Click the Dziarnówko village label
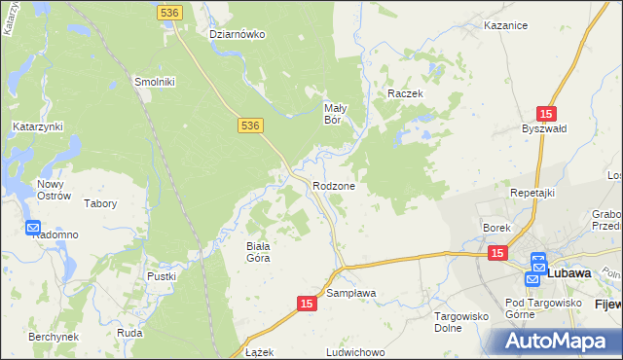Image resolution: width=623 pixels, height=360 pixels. [238, 34]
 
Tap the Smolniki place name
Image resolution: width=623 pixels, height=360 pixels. [154, 83]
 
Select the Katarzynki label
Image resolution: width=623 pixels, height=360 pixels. [37, 126]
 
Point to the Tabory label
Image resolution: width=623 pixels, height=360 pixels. [101, 204]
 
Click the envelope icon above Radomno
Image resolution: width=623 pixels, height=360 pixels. [33, 228]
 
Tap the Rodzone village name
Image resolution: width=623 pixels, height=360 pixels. [334, 186]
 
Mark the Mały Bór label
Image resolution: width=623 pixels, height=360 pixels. [335, 115]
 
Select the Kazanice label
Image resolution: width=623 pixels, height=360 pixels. [504, 26]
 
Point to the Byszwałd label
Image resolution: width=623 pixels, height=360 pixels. [543, 129]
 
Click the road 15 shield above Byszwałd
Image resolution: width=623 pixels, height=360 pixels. [546, 114]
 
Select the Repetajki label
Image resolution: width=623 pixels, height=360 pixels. [532, 193]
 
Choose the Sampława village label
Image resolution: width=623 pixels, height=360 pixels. [351, 293]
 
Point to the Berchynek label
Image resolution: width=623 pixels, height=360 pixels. [54, 336]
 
